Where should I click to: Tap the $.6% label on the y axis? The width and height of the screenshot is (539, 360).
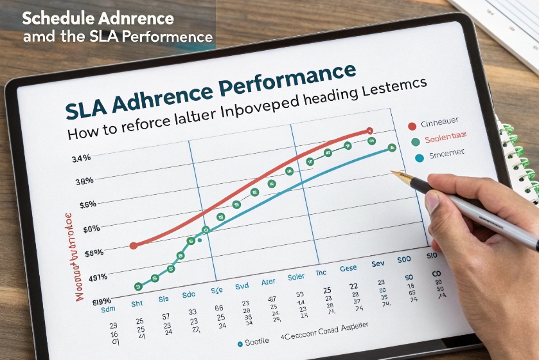click(x=86, y=205)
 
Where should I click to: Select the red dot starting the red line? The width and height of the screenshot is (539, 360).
click(x=134, y=246)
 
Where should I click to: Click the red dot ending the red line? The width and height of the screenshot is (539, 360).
click(x=369, y=130)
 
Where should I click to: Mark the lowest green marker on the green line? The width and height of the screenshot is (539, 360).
click(x=137, y=286)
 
